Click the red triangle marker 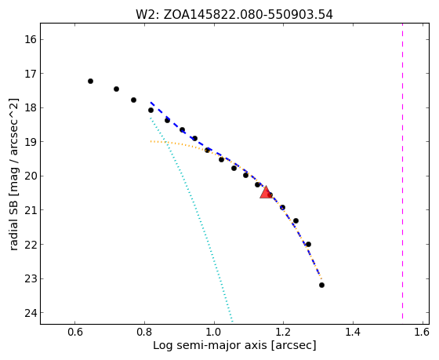[x=265, y=192]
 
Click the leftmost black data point [x=90, y=82]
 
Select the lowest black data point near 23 [x=321, y=285]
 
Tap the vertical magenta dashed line [x=403, y=171]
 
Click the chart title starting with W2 [x=234, y=15]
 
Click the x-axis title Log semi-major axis [x=234, y=345]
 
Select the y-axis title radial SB [x=14, y=174]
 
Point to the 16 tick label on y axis [x=31, y=39]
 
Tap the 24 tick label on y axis [x=31, y=313]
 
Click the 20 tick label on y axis [x=31, y=176]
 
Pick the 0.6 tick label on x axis [x=75, y=333]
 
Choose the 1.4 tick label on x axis [x=353, y=333]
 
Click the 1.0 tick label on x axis [x=214, y=333]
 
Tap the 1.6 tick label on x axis [x=422, y=333]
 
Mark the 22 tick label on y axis [x=31, y=245]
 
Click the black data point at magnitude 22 [x=308, y=244]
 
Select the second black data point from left [x=117, y=89]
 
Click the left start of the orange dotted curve [x=151, y=141]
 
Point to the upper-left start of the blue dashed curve [x=151, y=103]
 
